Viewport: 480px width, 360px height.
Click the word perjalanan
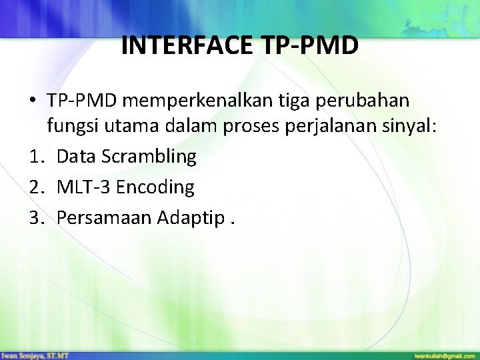point(343,128)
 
